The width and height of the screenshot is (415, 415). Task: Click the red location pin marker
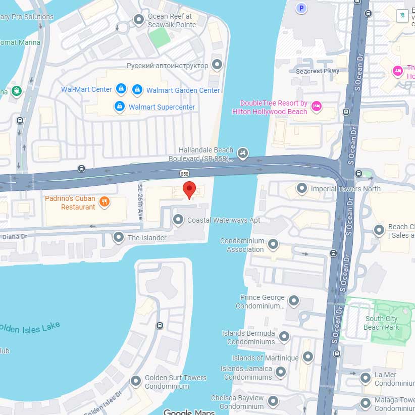(x=189, y=189)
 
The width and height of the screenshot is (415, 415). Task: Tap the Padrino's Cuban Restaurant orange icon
(x=105, y=202)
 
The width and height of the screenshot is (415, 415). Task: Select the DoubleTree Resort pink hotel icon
(x=317, y=106)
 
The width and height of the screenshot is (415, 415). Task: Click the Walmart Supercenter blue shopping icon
(x=119, y=107)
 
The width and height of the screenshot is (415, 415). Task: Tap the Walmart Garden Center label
(x=183, y=90)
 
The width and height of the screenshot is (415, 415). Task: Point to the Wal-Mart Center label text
(x=86, y=89)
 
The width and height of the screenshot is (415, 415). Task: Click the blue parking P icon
(x=301, y=8)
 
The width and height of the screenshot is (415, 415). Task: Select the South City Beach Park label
(x=381, y=323)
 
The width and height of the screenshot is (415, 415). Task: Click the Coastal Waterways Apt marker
(x=178, y=220)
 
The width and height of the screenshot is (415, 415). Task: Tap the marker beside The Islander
(x=119, y=237)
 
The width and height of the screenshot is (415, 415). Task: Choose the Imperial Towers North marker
(x=302, y=189)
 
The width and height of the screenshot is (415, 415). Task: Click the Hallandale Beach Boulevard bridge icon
(x=243, y=153)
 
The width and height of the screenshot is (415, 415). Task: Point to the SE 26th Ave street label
(x=140, y=201)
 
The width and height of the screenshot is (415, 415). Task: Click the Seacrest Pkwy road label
(x=318, y=71)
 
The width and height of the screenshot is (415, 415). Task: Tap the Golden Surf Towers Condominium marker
(x=135, y=381)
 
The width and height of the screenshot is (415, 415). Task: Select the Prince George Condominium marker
(x=293, y=301)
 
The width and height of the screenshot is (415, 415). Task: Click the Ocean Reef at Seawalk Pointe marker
(x=138, y=20)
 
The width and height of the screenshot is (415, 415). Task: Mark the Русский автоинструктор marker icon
(x=217, y=65)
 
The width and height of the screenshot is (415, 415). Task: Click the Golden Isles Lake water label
(x=30, y=328)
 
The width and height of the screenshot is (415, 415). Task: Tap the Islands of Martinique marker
(x=307, y=358)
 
